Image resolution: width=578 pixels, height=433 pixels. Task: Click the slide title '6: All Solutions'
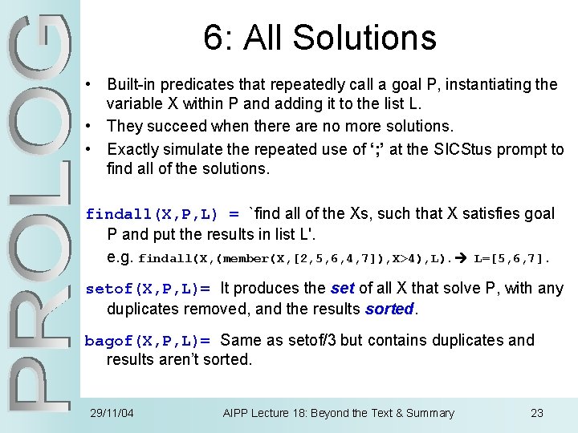pyautogui.click(x=320, y=37)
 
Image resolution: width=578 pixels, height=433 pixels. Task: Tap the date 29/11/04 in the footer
pyautogui.click(x=112, y=413)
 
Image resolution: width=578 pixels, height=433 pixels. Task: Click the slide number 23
pyautogui.click(x=537, y=413)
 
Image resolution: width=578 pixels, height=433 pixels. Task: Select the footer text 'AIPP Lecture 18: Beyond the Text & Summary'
pyautogui.click(x=338, y=413)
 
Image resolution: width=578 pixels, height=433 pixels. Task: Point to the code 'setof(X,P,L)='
pyautogui.click(x=148, y=289)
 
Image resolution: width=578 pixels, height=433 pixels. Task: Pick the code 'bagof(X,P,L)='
pyautogui.click(x=148, y=341)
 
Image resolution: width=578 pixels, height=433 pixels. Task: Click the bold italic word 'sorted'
pyautogui.click(x=389, y=309)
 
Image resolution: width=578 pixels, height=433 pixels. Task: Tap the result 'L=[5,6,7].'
pyautogui.click(x=513, y=259)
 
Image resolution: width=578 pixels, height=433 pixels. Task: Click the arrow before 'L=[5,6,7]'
pyautogui.click(x=465, y=259)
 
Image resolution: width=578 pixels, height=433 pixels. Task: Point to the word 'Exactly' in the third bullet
pyautogui.click(x=132, y=149)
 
